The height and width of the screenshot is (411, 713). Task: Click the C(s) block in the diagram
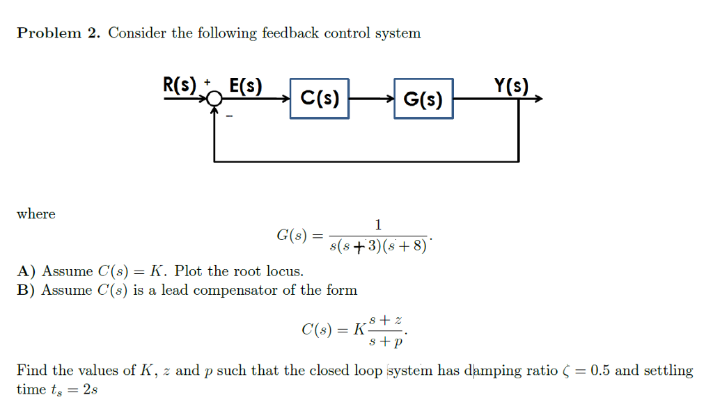click(320, 99)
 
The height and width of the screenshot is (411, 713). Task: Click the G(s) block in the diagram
click(423, 99)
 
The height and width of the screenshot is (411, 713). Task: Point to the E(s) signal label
click(245, 86)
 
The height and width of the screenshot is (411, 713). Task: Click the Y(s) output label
click(511, 85)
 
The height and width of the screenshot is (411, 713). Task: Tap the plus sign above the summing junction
click(207, 82)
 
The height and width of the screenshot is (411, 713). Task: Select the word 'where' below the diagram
click(36, 214)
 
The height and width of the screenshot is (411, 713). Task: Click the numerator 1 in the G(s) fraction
click(377, 224)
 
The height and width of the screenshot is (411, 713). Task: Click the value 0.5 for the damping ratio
click(600, 370)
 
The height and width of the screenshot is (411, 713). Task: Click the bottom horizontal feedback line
click(366, 161)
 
